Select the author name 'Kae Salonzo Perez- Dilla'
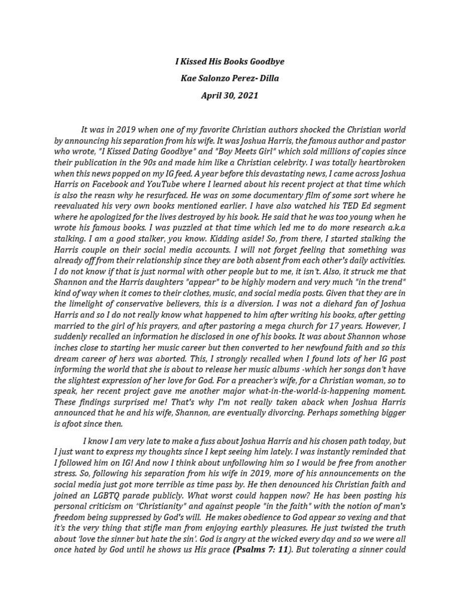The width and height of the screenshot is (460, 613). (230, 78)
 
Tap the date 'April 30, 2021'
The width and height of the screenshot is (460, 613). (230, 95)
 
